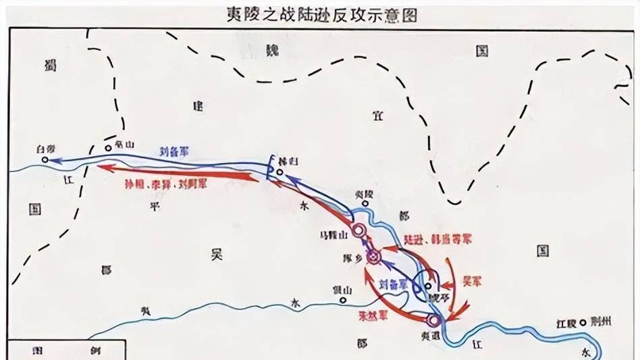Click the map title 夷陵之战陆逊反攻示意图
[x=321, y=14]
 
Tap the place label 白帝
[x=47, y=148]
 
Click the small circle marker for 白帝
[x=45, y=160]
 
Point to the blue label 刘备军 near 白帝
[x=174, y=153]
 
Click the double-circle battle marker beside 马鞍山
[x=358, y=231]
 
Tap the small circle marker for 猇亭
[x=427, y=286]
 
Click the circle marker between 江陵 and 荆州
[x=582, y=322]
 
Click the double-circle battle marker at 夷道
[x=433, y=320]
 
